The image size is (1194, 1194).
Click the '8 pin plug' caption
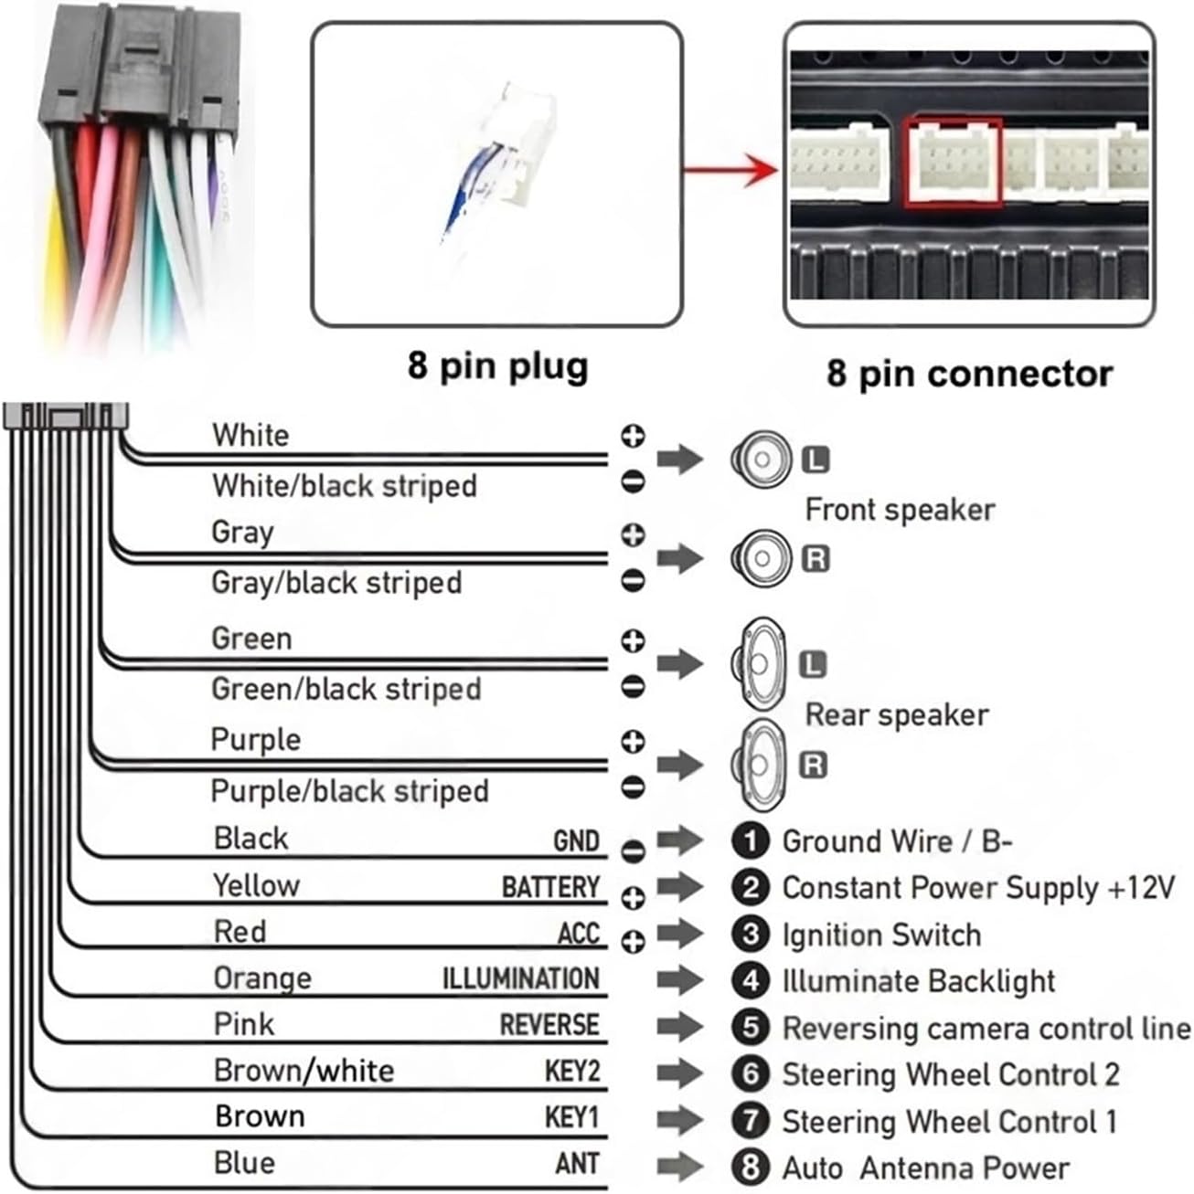[x=498, y=366]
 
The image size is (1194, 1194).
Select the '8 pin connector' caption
[x=969, y=374]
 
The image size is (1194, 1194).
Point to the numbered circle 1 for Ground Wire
[x=751, y=840]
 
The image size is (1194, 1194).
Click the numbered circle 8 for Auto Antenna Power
[x=751, y=1168]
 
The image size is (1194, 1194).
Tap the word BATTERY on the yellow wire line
[x=550, y=887]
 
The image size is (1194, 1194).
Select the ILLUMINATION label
[x=521, y=979]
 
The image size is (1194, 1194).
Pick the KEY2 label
[x=572, y=1072]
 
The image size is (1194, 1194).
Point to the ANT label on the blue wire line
[x=578, y=1164]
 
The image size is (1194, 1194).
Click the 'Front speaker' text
[x=900, y=510]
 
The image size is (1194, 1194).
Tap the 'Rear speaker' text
[x=897, y=715]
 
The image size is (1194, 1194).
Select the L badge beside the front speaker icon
[x=816, y=459]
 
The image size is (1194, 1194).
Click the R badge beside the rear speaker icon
[x=814, y=765]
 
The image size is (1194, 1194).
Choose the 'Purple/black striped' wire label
[x=349, y=791]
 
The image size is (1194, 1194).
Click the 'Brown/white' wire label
[x=304, y=1071]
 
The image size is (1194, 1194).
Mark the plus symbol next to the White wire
[x=633, y=436]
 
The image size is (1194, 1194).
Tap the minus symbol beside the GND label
[x=633, y=851]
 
